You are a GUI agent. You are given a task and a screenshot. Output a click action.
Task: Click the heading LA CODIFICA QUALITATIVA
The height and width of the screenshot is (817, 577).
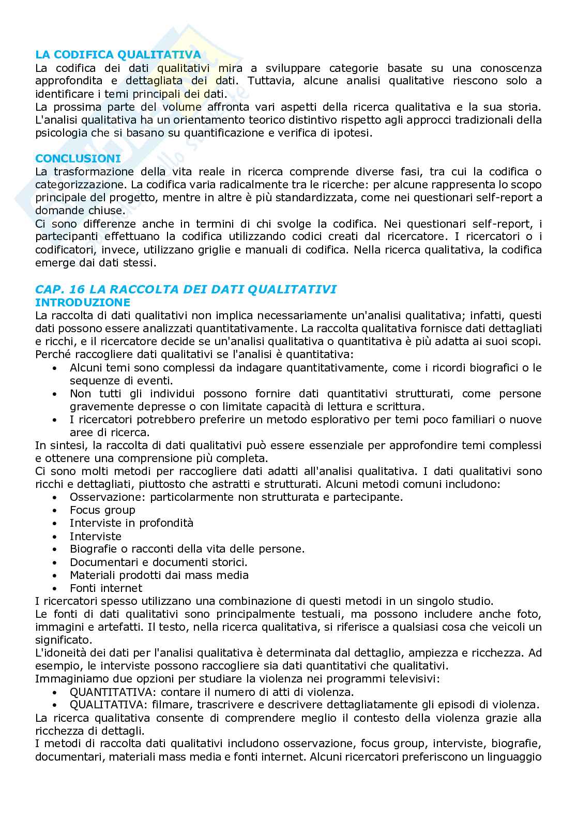118,55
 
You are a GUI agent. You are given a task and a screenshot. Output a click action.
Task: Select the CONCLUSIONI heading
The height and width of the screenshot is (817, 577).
78,158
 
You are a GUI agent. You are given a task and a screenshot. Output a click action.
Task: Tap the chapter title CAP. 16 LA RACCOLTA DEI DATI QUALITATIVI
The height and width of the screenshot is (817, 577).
186,289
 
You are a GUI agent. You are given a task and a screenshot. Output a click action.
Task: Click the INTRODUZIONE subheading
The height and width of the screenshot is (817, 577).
83,302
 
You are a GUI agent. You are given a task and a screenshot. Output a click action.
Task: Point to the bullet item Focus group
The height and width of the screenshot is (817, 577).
102,510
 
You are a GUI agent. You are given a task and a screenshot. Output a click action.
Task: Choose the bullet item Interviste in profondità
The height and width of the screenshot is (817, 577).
131,523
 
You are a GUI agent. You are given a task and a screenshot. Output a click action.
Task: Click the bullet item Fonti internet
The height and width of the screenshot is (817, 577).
106,588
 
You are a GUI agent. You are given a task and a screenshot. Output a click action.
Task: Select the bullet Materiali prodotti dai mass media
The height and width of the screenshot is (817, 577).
159,575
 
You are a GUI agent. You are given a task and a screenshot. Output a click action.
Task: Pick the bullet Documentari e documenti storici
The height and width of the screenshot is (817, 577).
158,562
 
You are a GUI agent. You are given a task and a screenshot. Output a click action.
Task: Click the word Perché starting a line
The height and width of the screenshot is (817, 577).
52,354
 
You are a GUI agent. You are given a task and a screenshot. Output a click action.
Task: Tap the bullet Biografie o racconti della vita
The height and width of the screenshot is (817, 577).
187,549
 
